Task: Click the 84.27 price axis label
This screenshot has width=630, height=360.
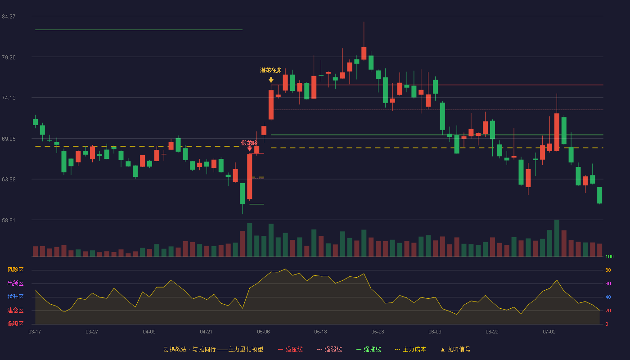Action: point(9,17)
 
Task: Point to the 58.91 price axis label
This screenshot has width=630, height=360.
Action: point(9,220)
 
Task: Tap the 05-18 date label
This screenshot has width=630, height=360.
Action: point(320,332)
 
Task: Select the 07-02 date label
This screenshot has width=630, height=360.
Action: point(549,332)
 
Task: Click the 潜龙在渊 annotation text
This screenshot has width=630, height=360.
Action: point(271,70)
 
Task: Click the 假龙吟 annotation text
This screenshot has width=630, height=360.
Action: point(249,143)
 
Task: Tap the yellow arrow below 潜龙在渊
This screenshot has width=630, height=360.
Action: point(271,80)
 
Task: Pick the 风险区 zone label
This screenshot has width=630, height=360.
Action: point(15,270)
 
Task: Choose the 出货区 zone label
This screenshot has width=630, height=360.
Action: point(15,283)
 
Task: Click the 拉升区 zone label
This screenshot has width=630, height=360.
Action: point(15,297)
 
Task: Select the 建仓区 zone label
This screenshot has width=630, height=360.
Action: point(15,310)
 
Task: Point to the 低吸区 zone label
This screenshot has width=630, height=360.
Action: point(15,324)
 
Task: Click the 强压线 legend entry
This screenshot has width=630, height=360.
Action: point(291,349)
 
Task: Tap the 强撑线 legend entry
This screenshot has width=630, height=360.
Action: point(369,349)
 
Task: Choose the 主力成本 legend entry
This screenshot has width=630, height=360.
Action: point(410,349)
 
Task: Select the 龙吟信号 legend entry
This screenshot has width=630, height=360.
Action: point(455,349)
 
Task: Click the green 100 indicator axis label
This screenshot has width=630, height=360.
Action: point(609,256)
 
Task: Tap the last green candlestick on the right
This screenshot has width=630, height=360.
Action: point(599,195)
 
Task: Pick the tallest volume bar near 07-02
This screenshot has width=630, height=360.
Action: point(557,238)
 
